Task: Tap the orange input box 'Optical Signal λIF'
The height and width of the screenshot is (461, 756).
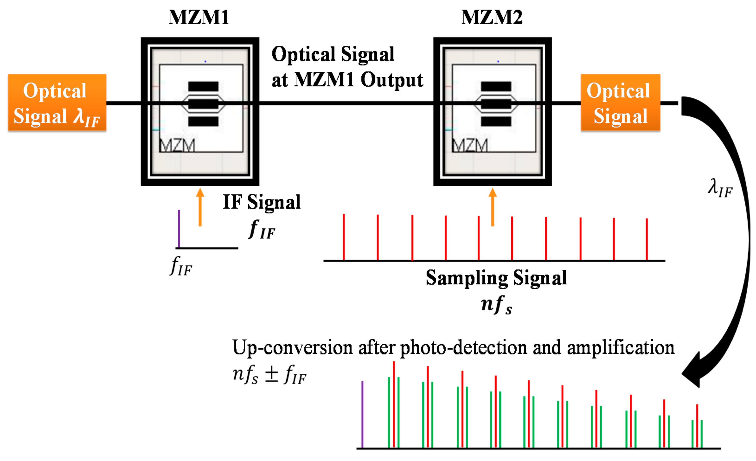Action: coord(57,103)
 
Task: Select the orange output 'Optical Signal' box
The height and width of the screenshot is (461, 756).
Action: coord(620,103)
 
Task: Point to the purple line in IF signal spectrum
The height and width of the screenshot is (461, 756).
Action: coord(179,228)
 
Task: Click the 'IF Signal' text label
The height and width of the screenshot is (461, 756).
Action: coord(261,202)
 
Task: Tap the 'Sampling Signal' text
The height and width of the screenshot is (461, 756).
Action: coord(496,278)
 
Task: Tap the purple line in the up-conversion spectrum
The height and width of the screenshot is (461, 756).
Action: coord(362,414)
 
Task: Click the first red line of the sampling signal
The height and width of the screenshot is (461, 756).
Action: coord(344,237)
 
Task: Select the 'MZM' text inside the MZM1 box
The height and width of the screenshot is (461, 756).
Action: coord(177,145)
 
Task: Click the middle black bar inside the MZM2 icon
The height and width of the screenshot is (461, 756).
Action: coord(496,104)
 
